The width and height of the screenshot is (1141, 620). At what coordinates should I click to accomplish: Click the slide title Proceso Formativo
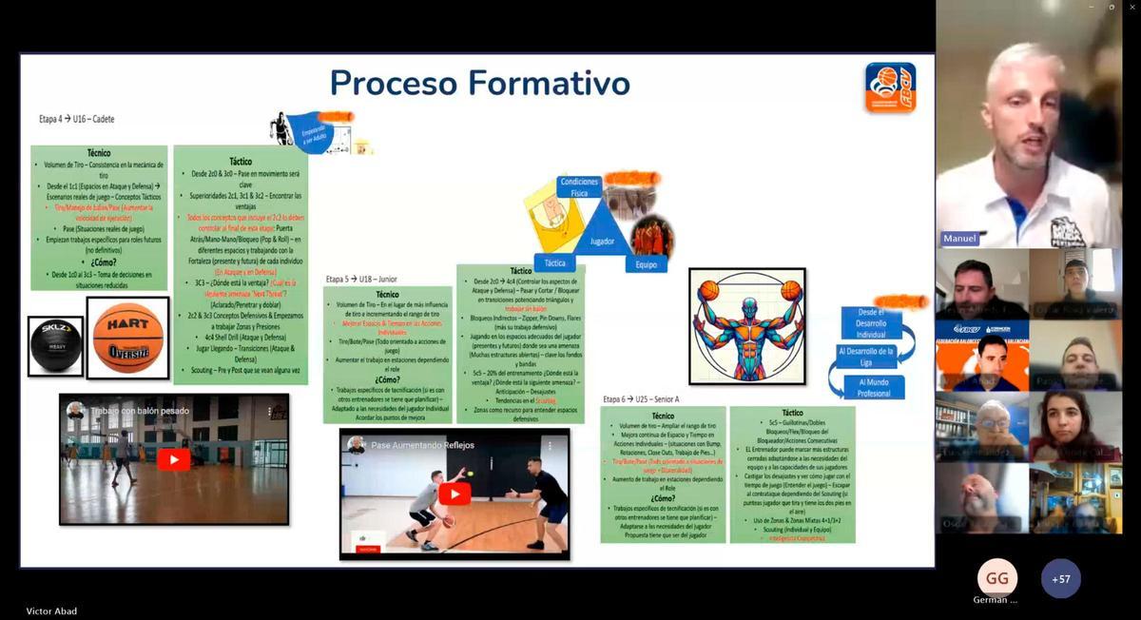pos(479,84)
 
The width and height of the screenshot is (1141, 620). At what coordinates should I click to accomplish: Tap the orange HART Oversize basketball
pos(127,338)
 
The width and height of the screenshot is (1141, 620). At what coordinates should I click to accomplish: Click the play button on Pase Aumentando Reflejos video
pos(454,494)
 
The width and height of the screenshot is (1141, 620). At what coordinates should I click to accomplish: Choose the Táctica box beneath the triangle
pos(554,262)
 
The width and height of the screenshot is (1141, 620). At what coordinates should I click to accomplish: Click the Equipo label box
pos(646,264)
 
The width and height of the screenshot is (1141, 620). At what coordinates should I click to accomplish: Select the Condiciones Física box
pos(579,186)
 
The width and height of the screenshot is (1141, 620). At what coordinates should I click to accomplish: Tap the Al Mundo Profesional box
pos(874,387)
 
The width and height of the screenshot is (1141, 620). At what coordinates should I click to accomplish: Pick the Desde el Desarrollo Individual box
pos(871,322)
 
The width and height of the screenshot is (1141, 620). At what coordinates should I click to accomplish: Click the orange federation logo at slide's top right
pos(890,87)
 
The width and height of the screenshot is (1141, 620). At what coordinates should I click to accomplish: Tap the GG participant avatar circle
pos(996,578)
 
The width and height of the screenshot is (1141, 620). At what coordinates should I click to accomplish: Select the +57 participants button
pos(1060,578)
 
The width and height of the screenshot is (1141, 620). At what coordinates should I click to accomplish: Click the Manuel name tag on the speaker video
pos(959,238)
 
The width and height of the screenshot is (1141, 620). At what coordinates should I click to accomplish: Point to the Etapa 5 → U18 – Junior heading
pos(360,279)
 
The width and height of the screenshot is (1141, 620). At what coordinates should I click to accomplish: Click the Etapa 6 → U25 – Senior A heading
pos(641,398)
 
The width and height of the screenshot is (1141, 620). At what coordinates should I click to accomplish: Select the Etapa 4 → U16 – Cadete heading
pos(77,119)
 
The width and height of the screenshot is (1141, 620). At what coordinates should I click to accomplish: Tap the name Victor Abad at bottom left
pos(51,610)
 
